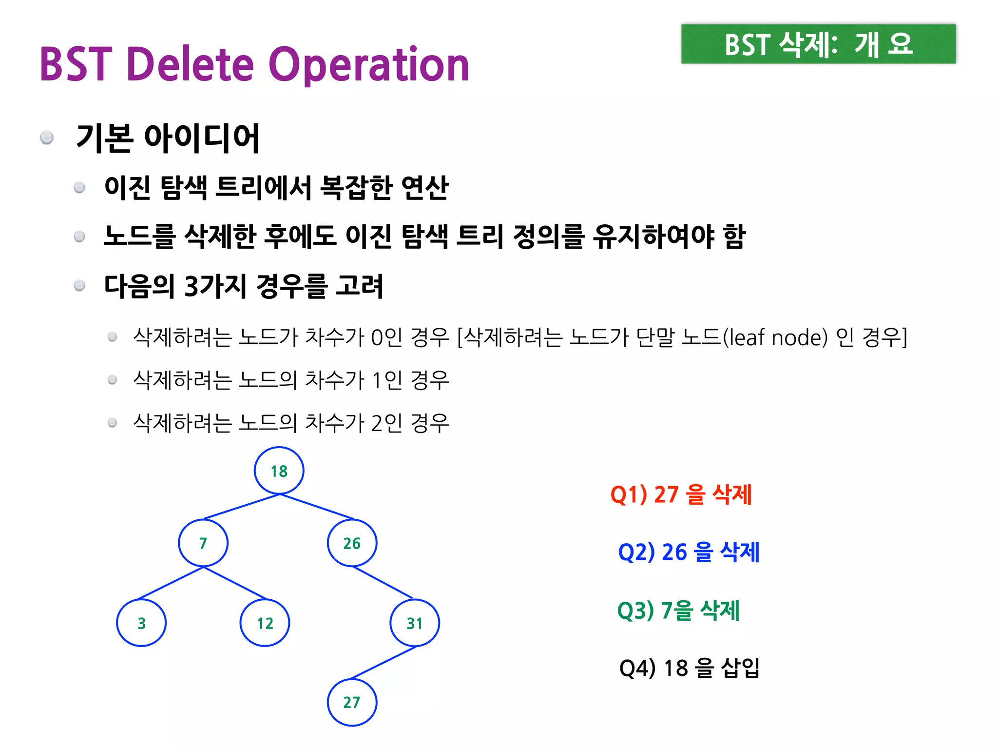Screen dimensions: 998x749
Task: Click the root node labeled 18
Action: (x=279, y=471)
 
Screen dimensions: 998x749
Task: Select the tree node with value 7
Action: (x=203, y=543)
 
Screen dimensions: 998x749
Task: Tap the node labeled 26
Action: (x=352, y=543)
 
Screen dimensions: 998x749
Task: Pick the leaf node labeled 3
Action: (x=141, y=623)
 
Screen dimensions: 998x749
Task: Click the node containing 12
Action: (x=265, y=623)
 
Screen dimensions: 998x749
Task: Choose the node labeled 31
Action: (x=415, y=623)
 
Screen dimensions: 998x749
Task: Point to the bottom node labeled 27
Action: (x=352, y=702)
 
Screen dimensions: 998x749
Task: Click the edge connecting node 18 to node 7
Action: (x=242, y=507)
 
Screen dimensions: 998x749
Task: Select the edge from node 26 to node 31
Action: (x=383, y=583)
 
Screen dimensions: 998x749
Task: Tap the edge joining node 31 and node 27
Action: (x=383, y=663)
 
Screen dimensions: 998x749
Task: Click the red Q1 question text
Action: (x=681, y=494)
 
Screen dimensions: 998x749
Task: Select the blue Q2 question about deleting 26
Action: (x=689, y=552)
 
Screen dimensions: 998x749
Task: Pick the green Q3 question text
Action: (x=678, y=610)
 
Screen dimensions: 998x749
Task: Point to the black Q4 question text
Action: (x=689, y=668)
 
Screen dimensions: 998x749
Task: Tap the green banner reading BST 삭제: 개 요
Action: (x=818, y=44)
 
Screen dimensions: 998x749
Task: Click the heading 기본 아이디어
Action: (x=168, y=138)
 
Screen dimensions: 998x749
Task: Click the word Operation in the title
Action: (x=369, y=65)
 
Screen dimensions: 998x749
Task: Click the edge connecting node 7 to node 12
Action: (x=235, y=583)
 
